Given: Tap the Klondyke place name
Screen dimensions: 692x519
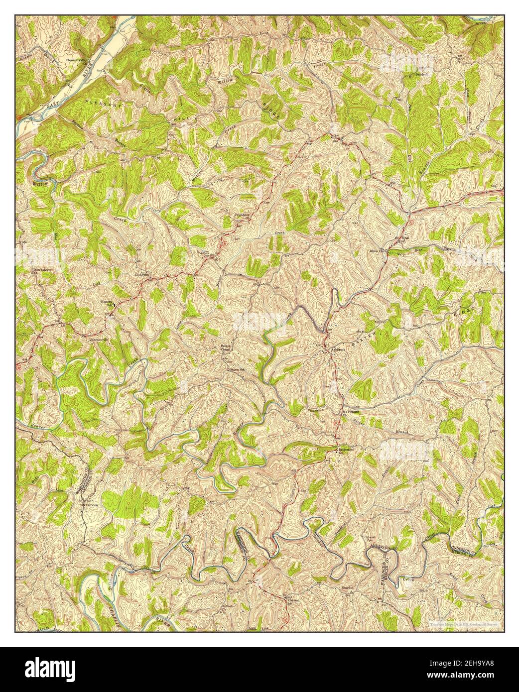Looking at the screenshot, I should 141,274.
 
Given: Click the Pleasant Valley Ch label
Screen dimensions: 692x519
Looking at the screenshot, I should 77,60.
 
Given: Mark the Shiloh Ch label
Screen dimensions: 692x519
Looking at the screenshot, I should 378,250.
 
